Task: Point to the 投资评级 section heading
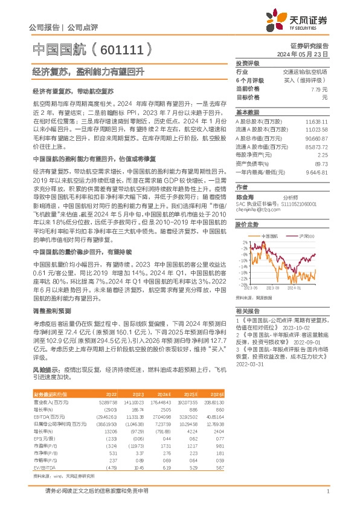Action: coord(247,63)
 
